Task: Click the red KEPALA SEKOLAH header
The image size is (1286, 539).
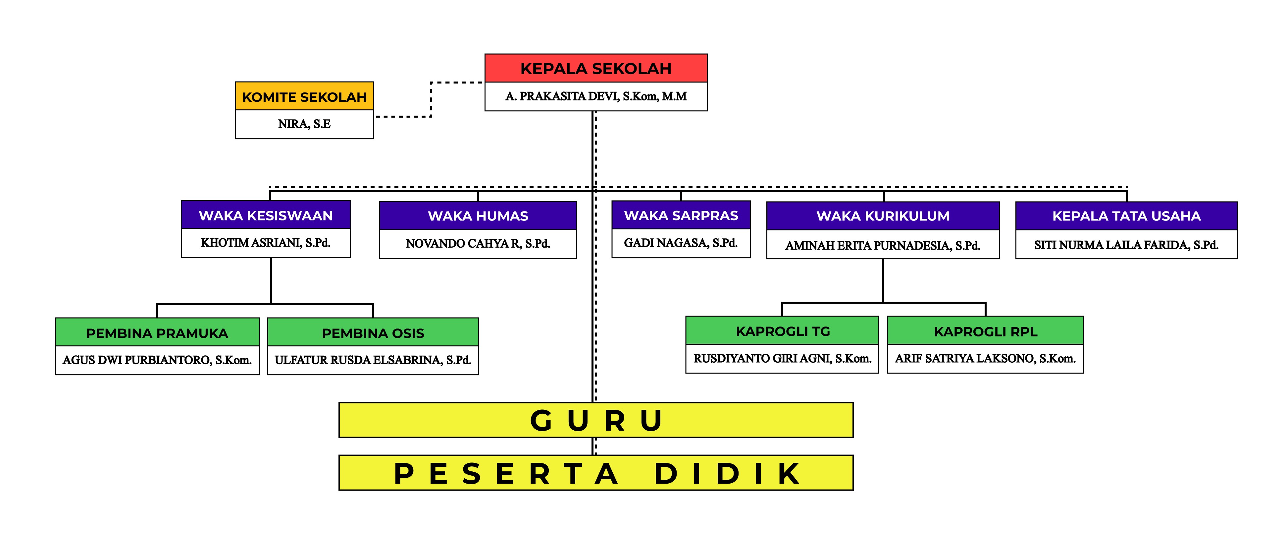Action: pos(595,68)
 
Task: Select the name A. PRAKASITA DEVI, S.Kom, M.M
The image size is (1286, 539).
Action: pos(595,96)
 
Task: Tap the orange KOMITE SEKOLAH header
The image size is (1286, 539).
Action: pos(304,96)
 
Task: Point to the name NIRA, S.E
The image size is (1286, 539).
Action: pos(304,124)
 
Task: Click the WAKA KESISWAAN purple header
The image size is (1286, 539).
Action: pos(266,215)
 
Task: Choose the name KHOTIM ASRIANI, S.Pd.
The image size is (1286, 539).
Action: pos(266,243)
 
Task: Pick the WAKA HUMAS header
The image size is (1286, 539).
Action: pos(478,216)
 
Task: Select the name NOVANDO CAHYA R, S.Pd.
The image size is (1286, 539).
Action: pos(478,244)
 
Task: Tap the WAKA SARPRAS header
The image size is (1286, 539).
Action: pos(681,215)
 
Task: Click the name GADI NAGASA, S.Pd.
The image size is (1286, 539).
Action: pos(681,243)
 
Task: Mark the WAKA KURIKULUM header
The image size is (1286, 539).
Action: pos(883,216)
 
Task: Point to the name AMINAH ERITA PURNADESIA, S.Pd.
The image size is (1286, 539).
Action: pos(883,245)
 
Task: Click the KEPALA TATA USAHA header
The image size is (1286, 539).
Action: pos(1126,216)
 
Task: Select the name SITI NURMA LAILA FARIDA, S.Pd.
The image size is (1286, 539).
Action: pos(1126,245)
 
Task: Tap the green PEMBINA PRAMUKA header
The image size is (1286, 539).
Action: pos(157,333)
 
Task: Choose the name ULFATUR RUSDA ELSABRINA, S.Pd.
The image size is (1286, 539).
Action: pos(373,360)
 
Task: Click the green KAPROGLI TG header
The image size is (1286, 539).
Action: pos(782,331)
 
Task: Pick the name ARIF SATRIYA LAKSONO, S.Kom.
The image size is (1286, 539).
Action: pos(985,359)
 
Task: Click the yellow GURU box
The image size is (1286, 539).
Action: pos(595,420)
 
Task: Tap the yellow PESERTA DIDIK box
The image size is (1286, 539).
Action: pos(595,473)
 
